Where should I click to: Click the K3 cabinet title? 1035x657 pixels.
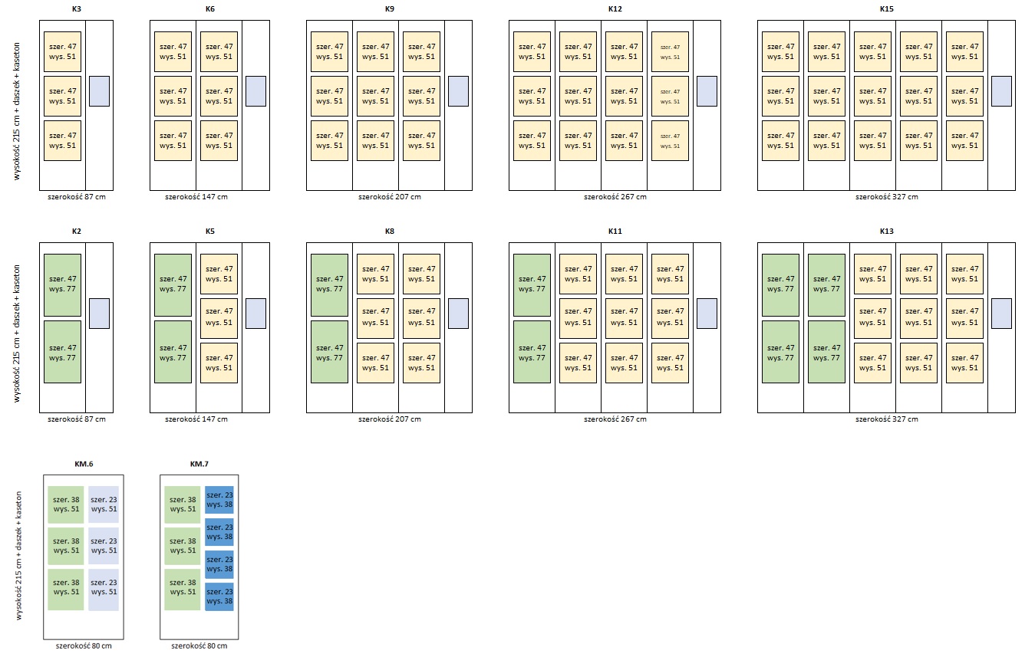[x=76, y=9]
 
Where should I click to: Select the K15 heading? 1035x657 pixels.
[x=886, y=9]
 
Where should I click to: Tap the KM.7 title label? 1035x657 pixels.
[x=199, y=464]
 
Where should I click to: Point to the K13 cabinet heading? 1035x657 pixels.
[x=886, y=231]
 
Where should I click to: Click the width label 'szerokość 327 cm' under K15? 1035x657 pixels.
[x=886, y=197]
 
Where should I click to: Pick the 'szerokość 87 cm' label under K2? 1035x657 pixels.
[x=76, y=419]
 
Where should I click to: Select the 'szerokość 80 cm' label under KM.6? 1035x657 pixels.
[x=83, y=646]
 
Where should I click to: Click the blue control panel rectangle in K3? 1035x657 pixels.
[x=99, y=90]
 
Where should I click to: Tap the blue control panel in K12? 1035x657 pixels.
[x=707, y=90]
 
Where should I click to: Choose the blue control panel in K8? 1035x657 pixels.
[x=458, y=313]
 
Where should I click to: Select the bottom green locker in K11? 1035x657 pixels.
[x=532, y=352]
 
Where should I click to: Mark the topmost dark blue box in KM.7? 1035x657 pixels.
[x=219, y=500]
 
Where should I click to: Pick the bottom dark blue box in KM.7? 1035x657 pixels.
[x=219, y=596]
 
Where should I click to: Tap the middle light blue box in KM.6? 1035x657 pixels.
[x=104, y=546]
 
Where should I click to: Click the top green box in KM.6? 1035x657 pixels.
[x=65, y=504]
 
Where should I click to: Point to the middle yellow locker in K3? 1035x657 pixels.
[x=62, y=96]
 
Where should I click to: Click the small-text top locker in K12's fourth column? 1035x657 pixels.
[x=670, y=51]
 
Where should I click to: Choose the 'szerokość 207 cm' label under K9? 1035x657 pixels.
[x=389, y=197]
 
